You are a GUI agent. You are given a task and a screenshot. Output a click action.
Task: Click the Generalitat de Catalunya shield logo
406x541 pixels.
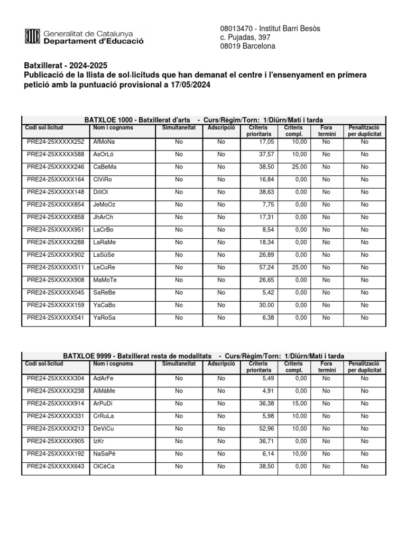[32, 36]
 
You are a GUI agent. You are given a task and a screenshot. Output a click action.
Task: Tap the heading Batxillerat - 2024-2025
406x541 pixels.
[66, 66]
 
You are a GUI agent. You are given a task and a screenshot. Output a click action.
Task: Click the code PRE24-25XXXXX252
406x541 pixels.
[56, 142]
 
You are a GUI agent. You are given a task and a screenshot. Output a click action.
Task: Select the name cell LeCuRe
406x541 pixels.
[104, 267]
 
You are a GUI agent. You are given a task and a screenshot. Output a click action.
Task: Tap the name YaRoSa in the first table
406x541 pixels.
[105, 318]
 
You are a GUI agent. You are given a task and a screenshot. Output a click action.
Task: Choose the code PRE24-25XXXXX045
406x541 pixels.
[56, 292]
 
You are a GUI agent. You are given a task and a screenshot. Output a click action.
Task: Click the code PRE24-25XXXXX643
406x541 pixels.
[56, 466]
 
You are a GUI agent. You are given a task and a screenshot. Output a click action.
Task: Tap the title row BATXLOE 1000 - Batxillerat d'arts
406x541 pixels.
[204, 120]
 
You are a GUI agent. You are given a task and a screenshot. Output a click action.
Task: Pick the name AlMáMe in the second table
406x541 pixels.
[105, 391]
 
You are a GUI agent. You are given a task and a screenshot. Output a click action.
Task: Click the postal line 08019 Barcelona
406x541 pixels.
[247, 46]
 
